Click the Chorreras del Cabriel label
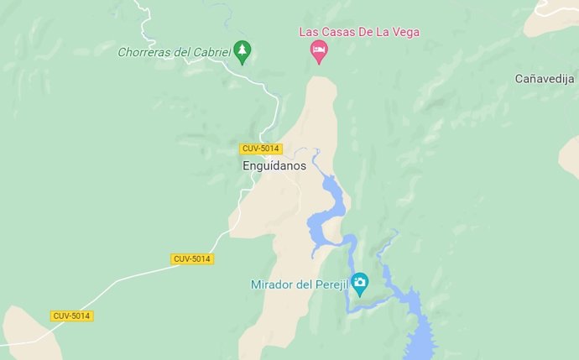click(174, 52)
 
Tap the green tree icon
click(242, 51)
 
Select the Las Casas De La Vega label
click(359, 32)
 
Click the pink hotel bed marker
click(319, 52)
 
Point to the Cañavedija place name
click(545, 78)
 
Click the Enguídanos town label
click(274, 166)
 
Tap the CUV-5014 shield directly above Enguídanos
click(259, 149)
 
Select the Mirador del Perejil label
click(299, 284)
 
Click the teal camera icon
click(360, 283)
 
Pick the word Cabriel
click(211, 52)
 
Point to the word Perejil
click(328, 284)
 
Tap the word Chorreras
click(144, 52)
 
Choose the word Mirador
click(271, 284)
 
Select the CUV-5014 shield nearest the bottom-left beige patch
click(71, 316)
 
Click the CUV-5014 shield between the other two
click(192, 258)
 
